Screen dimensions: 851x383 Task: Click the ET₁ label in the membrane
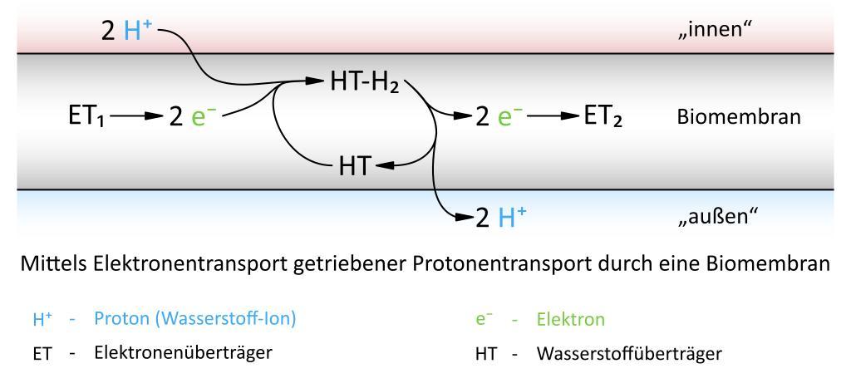click(x=88, y=117)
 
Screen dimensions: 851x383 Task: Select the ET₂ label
click(x=603, y=117)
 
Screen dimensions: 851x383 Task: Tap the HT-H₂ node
click(x=365, y=84)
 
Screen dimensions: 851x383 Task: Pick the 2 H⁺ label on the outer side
click(x=500, y=218)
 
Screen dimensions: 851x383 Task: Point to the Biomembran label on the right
click(x=739, y=118)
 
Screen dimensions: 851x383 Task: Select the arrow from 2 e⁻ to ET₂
click(x=553, y=116)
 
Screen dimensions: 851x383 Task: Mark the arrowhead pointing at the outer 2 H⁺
click(x=464, y=218)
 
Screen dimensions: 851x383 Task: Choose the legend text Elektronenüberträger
click(x=183, y=352)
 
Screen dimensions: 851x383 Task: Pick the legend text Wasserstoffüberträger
click(x=629, y=354)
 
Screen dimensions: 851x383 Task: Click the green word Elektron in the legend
click(x=570, y=319)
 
